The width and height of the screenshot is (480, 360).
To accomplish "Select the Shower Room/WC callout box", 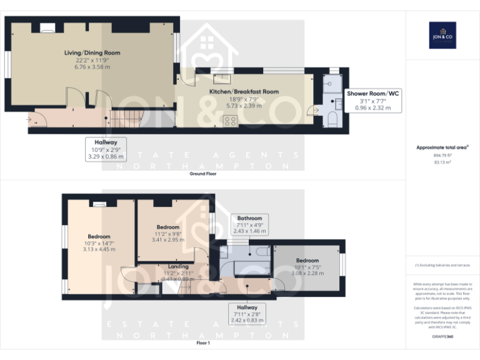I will point(373,100).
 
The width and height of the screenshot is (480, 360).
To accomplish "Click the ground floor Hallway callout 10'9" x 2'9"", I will point(106,149).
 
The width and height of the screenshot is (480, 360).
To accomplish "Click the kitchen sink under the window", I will point(222,79).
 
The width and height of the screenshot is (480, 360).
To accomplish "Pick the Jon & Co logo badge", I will point(442,35).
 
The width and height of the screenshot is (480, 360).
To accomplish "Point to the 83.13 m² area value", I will point(442,162).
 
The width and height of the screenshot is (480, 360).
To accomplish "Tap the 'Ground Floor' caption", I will point(203,174).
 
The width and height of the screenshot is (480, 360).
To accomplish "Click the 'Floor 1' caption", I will point(203,343).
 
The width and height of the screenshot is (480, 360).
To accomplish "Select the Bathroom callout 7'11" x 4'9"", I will point(250,224).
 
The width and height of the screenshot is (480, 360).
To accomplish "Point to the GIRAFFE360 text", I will point(442,337).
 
